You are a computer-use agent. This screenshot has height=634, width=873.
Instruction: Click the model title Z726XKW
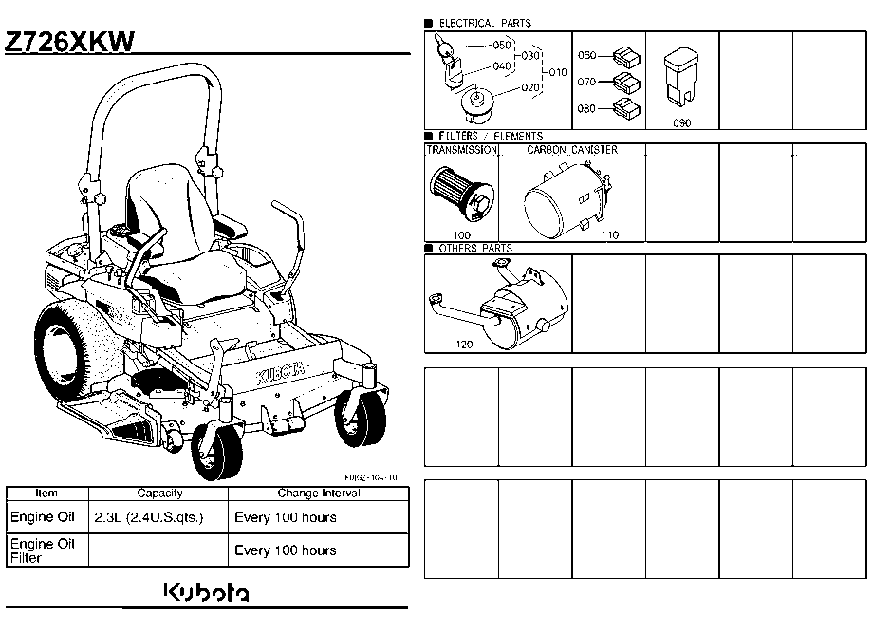(70, 42)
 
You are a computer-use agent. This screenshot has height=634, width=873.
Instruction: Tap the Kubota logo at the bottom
(208, 592)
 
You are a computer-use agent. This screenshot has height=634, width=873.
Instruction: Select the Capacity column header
(159, 494)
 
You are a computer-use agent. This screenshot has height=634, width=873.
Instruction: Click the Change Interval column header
(318, 494)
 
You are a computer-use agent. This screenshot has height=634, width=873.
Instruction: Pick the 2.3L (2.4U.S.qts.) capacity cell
(149, 518)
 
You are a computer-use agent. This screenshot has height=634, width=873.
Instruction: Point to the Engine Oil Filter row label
(42, 550)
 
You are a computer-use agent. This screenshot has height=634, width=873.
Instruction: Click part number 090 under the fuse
(681, 122)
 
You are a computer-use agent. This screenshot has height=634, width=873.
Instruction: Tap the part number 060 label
(586, 56)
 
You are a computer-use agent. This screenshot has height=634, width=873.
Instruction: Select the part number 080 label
(586, 108)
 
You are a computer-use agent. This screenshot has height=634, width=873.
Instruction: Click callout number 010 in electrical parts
(557, 72)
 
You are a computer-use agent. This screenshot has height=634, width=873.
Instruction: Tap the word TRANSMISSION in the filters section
(461, 150)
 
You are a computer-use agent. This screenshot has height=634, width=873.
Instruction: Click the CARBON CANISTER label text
(571, 150)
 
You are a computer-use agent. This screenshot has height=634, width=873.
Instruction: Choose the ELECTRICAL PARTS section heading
(485, 23)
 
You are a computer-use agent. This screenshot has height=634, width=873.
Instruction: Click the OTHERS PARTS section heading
(474, 249)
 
